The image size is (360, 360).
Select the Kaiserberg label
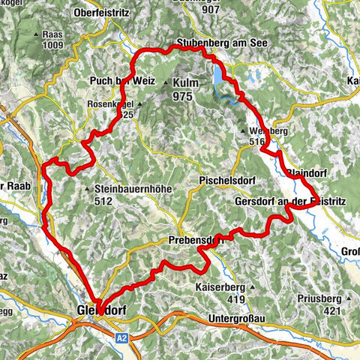pos(232,286)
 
